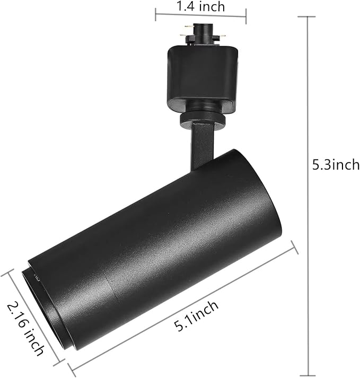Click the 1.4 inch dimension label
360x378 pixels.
point(200,6)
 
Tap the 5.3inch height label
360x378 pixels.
point(336,165)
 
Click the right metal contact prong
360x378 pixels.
point(223,37)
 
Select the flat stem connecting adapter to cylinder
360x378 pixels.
point(202,145)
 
